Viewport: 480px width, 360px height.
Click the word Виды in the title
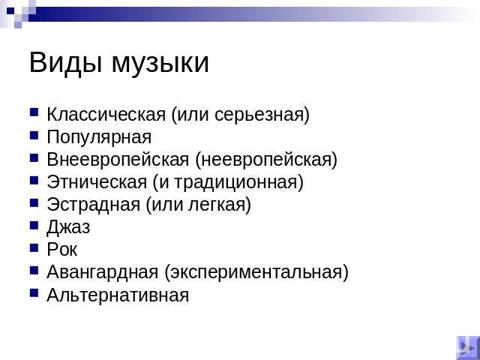[x=65, y=63]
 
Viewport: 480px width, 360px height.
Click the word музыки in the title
[x=160, y=64]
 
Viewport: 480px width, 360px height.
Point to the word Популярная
[x=99, y=138]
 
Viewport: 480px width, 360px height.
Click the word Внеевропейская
[x=118, y=160]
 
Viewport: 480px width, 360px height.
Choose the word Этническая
[x=97, y=182]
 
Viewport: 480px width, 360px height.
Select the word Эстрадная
[x=94, y=205]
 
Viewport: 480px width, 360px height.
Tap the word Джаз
[x=68, y=227]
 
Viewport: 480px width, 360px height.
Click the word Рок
[x=62, y=250]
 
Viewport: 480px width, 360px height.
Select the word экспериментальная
[x=256, y=273]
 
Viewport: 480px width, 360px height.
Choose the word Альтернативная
[x=118, y=295]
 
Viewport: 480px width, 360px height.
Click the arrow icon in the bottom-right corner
[x=467, y=347]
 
